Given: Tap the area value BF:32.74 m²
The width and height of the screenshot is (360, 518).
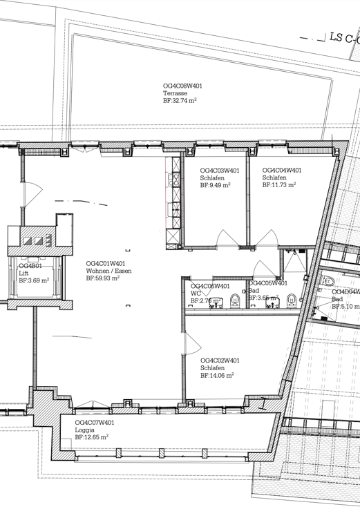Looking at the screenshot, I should [180, 101].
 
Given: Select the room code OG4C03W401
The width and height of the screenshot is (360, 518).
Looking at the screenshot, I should [220, 170].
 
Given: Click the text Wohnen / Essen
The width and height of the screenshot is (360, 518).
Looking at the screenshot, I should [108, 271].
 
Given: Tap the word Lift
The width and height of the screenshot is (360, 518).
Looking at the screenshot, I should [23, 274].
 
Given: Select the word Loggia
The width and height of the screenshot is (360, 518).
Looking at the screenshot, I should [85, 430].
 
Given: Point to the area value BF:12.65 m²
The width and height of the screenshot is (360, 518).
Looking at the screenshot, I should [92, 438].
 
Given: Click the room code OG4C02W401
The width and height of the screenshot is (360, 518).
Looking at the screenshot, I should [220, 361].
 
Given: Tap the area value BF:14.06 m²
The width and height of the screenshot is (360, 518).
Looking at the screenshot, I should [217, 376].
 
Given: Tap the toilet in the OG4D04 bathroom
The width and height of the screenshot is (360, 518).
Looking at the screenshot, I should [328, 281].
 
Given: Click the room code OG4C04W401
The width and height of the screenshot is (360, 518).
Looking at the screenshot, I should [282, 170].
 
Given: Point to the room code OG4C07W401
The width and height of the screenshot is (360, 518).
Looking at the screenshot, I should [95, 422].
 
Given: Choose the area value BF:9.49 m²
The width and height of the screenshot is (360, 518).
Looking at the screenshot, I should [215, 185].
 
